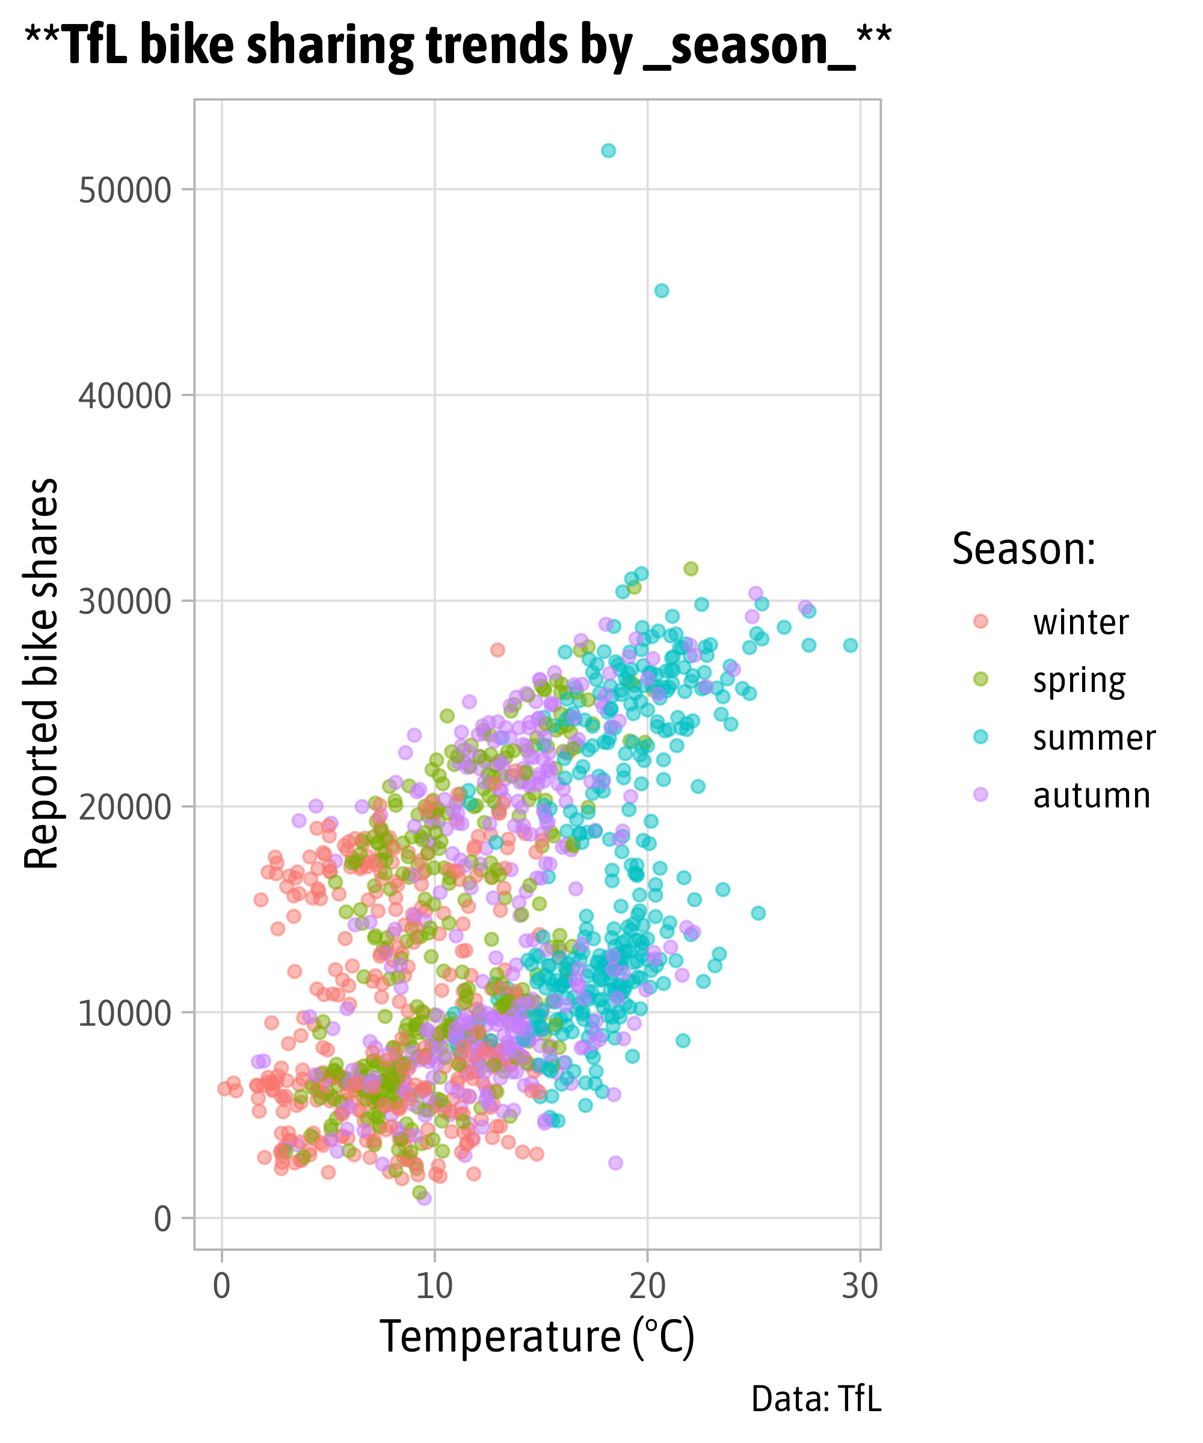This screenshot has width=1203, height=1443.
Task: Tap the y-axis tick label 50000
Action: pyautogui.click(x=125, y=191)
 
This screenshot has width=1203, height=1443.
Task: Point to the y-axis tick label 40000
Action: pyautogui.click(x=125, y=396)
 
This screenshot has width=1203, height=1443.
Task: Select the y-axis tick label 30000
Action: pyautogui.click(x=125, y=601)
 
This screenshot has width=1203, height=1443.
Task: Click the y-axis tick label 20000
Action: pyautogui.click(x=125, y=807)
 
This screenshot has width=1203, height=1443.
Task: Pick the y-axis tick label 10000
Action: pyautogui.click(x=125, y=1013)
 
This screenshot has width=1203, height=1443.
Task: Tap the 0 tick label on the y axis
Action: pyautogui.click(x=162, y=1219)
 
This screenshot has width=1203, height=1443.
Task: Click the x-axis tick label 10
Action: pyautogui.click(x=434, y=1285)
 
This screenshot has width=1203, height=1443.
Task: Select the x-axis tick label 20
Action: pyautogui.click(x=647, y=1285)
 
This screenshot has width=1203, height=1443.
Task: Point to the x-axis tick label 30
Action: pyautogui.click(x=860, y=1285)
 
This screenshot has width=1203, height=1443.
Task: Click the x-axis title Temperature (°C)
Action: pyautogui.click(x=537, y=1337)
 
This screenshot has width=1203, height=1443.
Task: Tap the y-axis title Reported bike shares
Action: pyautogui.click(x=42, y=673)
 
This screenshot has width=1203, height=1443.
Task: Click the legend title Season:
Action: pyautogui.click(x=1024, y=549)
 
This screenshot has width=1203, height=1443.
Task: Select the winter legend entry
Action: pyautogui.click(x=1080, y=622)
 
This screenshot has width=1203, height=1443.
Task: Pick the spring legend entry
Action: pyautogui.click(x=1078, y=679)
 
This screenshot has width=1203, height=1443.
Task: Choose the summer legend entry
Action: pyautogui.click(x=1094, y=737)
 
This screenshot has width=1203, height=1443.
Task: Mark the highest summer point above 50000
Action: pyautogui.click(x=608, y=150)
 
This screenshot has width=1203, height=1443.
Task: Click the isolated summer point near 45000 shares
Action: pyautogui.click(x=661, y=290)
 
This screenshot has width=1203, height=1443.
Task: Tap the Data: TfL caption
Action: pyautogui.click(x=816, y=1399)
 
